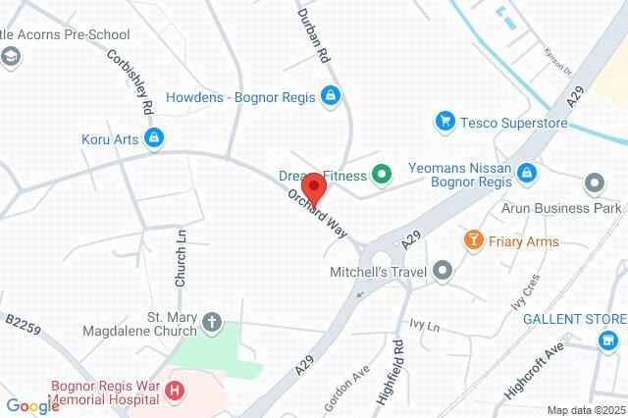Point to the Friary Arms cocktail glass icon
(474, 241)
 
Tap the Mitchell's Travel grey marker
(444, 268)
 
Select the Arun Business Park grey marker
(593, 183)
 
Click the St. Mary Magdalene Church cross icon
(212, 323)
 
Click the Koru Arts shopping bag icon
(152, 139)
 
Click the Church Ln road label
(181, 257)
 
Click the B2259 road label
(23, 324)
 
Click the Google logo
(32, 406)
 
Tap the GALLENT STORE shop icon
(608, 341)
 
